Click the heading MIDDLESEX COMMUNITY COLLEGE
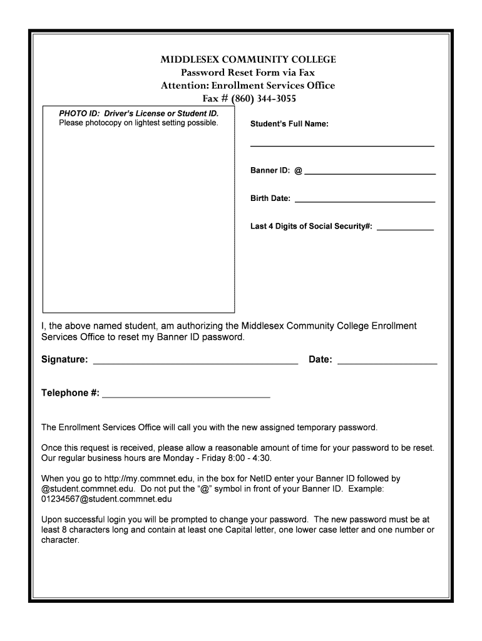point(248,59)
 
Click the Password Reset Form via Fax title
point(248,73)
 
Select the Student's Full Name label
point(289,125)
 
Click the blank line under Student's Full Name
point(342,145)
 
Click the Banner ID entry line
point(369,172)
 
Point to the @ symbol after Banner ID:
point(298,171)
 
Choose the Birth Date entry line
point(364,201)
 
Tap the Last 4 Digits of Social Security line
point(404,228)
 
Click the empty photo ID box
point(138,219)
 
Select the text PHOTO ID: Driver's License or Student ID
point(139,113)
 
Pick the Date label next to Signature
point(320,360)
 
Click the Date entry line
point(387,362)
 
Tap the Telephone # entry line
point(186,396)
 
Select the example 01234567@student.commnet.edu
point(106,500)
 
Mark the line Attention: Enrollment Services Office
point(248,86)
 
